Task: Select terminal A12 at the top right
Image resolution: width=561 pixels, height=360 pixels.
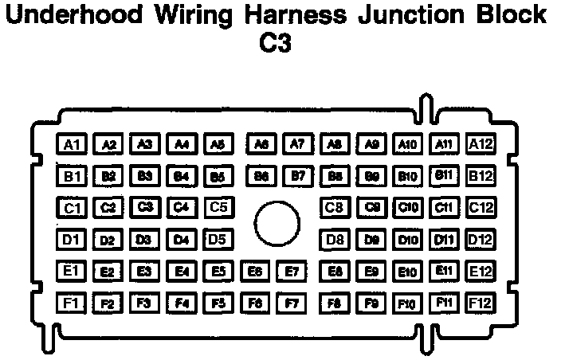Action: [481, 144]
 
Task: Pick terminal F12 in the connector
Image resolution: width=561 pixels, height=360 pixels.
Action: [481, 303]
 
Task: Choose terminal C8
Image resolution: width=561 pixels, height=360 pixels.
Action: [335, 208]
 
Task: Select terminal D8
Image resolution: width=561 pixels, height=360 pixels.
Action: [335, 239]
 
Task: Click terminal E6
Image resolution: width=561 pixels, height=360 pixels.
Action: [255, 272]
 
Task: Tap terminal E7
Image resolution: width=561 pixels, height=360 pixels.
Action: [292, 272]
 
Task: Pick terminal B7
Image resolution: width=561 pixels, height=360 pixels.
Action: [297, 175]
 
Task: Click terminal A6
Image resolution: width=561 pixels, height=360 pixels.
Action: [260, 144]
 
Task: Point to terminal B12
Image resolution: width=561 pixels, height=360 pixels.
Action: [481, 175]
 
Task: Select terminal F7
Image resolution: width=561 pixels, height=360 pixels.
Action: [292, 303]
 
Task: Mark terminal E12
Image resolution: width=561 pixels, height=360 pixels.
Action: [481, 272]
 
